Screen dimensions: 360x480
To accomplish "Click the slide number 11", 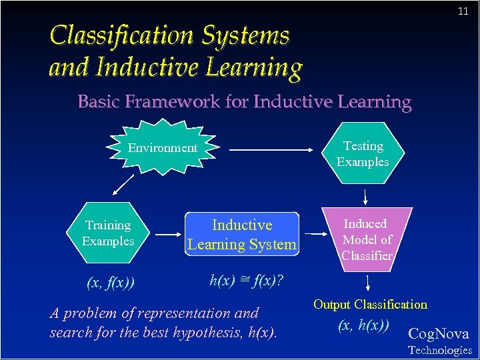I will coord(463,12).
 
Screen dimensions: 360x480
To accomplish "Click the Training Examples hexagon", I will coord(108,233).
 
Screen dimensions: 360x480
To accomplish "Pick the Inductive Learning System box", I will coord(241,235).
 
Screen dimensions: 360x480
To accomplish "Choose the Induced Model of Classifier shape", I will coord(367,239).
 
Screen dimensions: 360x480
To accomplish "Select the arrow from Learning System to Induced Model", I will coord(315,234).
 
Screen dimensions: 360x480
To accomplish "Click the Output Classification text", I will coord(370,305).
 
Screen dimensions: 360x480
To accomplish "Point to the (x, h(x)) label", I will coord(363,325).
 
